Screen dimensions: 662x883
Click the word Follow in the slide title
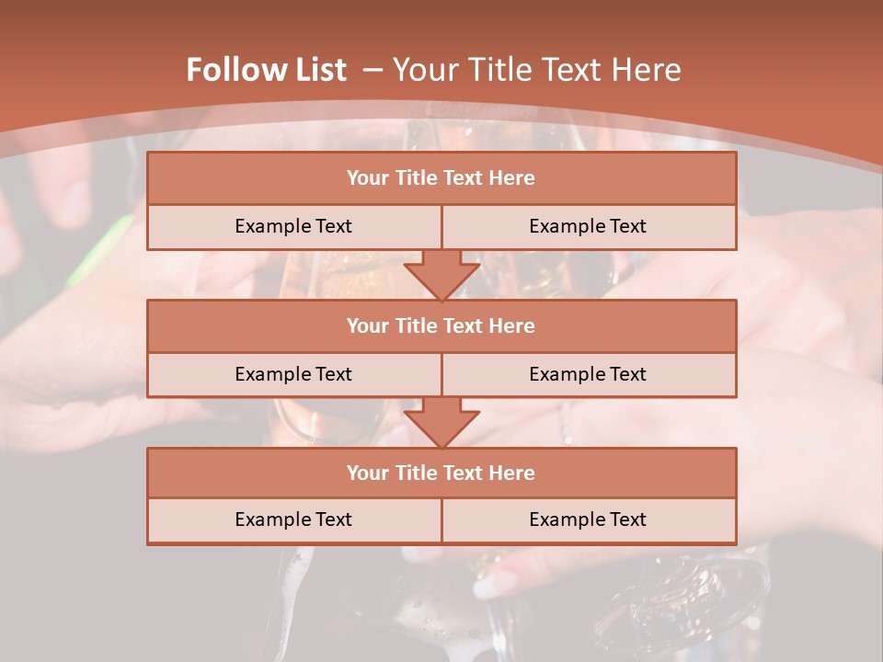point(231,70)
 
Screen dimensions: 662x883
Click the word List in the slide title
point(315,70)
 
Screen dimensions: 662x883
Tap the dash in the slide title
point(372,70)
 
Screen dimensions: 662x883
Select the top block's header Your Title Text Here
point(441,178)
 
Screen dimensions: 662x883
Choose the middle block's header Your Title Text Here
point(441,325)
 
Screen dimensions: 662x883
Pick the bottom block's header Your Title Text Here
point(441,473)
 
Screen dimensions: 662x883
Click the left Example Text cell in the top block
point(293,226)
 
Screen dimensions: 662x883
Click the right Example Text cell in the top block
point(588,226)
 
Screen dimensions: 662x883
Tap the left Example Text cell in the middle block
point(293,374)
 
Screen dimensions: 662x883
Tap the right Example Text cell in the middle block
point(588,374)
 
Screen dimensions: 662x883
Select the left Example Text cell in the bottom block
point(293,519)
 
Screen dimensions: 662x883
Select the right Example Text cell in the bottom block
point(588,519)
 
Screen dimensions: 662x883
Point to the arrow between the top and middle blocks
point(441,274)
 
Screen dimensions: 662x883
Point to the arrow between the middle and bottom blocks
point(441,422)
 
